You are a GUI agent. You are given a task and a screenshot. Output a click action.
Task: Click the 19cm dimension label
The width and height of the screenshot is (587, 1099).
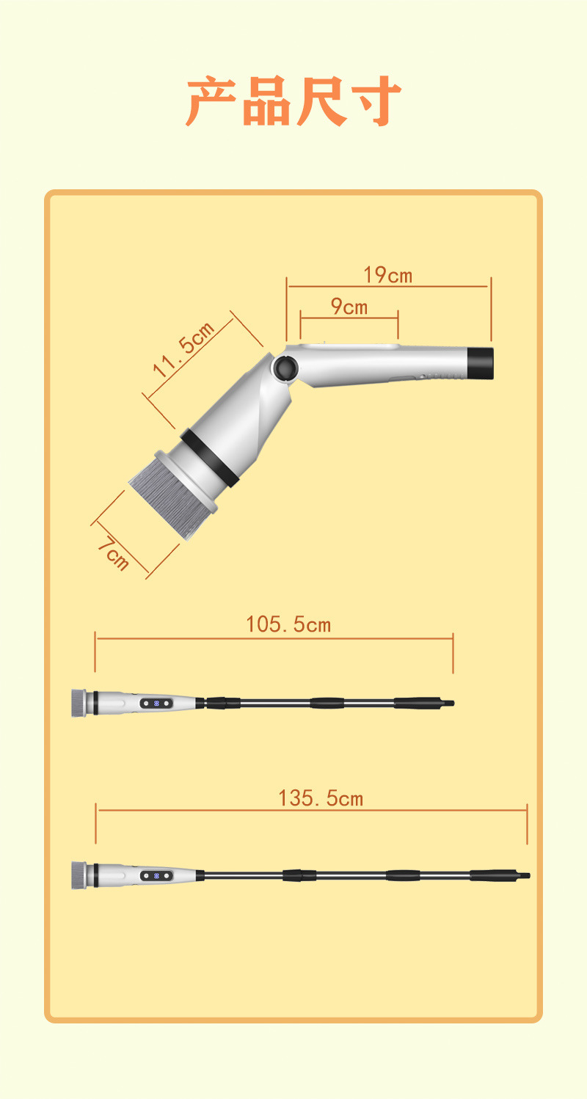coord(387,275)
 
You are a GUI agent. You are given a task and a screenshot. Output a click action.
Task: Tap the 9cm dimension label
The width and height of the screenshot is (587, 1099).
coord(349,307)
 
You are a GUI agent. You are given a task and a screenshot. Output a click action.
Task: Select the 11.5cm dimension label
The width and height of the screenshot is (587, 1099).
coord(183,348)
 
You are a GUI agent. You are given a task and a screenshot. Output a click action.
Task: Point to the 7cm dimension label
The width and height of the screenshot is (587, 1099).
coord(114,555)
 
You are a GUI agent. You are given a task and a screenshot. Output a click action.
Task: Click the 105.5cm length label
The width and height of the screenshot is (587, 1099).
coord(288,624)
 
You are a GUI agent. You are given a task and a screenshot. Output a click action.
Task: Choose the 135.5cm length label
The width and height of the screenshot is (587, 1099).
coord(321,798)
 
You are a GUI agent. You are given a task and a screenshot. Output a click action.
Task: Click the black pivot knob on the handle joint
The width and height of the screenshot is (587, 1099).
coord(285,368)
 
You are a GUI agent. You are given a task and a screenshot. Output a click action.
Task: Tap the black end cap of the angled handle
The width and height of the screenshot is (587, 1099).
coord(480,363)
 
